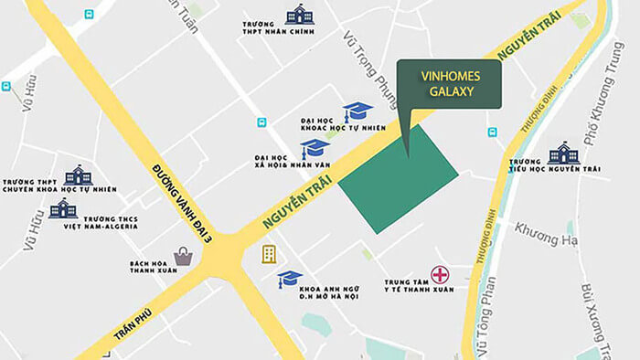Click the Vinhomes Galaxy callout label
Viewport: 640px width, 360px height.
[448, 85]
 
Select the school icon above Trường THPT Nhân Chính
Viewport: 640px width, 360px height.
[299, 14]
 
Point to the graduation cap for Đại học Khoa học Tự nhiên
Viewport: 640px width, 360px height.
[357, 111]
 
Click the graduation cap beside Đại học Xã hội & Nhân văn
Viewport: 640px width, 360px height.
[315, 147]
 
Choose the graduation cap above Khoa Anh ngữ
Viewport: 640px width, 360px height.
[291, 278]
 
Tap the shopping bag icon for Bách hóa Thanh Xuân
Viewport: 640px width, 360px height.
[184, 257]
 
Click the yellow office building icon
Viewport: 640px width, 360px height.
[269, 254]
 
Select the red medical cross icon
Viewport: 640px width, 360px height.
[441, 274]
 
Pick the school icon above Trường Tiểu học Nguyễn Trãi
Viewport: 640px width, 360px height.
[563, 153]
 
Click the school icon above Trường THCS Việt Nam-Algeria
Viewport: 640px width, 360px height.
[63, 209]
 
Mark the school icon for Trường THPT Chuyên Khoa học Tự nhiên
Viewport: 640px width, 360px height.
[78, 175]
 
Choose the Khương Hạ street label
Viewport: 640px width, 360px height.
[546, 234]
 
